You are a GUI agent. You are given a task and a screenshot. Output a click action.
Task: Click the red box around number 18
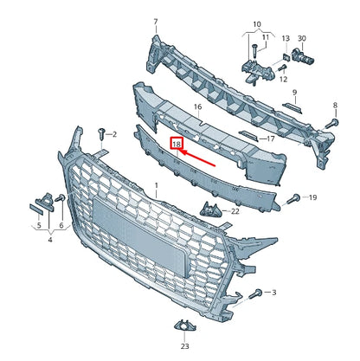[x=177, y=144]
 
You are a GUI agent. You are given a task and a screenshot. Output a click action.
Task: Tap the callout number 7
[x=156, y=21]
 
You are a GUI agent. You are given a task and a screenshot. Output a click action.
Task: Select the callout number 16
[x=197, y=107]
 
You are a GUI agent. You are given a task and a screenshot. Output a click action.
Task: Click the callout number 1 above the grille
[x=157, y=186]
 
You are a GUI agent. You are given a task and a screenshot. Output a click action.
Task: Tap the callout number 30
[x=302, y=38]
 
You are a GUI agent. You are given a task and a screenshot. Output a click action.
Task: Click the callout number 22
[x=235, y=211]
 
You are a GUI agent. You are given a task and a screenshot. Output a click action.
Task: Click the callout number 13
[x=286, y=38]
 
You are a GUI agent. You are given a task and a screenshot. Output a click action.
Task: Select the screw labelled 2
[x=103, y=132]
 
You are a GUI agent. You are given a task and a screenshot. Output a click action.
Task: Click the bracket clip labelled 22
[x=208, y=210]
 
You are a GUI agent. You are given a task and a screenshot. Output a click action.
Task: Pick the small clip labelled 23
[x=183, y=326]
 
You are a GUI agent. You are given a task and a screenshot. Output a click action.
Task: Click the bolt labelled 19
[x=292, y=198]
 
